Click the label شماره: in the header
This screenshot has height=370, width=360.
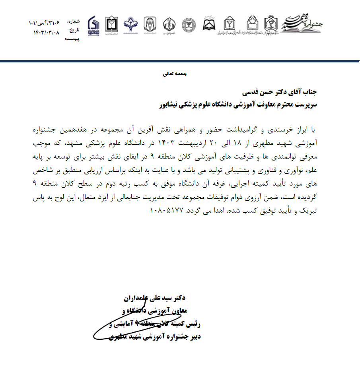point(74,21)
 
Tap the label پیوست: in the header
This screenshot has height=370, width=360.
point(72,39)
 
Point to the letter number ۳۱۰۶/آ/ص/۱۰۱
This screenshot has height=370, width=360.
point(44,23)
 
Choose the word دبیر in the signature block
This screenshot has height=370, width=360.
point(193,337)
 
